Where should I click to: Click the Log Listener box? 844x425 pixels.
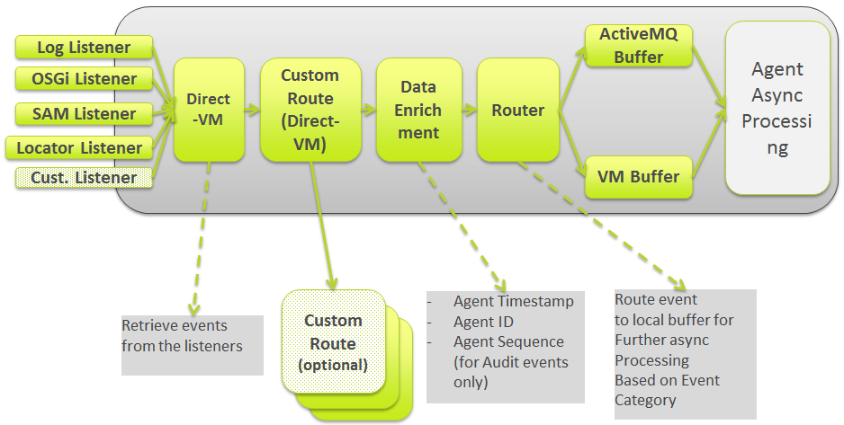pos(83,48)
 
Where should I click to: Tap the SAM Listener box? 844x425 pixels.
pos(84,114)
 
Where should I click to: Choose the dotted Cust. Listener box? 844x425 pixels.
pos(84,177)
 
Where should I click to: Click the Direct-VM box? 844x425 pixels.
pos(209,110)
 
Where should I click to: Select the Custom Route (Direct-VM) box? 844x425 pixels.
pos(310,110)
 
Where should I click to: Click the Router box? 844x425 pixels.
pos(517,111)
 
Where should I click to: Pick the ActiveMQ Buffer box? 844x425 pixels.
pos(638,46)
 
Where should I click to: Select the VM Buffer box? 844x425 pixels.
pos(638,177)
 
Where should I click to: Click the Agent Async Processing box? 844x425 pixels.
pos(777,109)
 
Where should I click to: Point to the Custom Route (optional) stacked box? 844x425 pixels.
pos(334,342)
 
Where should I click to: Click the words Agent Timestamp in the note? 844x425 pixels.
pos(513,302)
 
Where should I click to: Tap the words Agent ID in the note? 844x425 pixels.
pos(485,322)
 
